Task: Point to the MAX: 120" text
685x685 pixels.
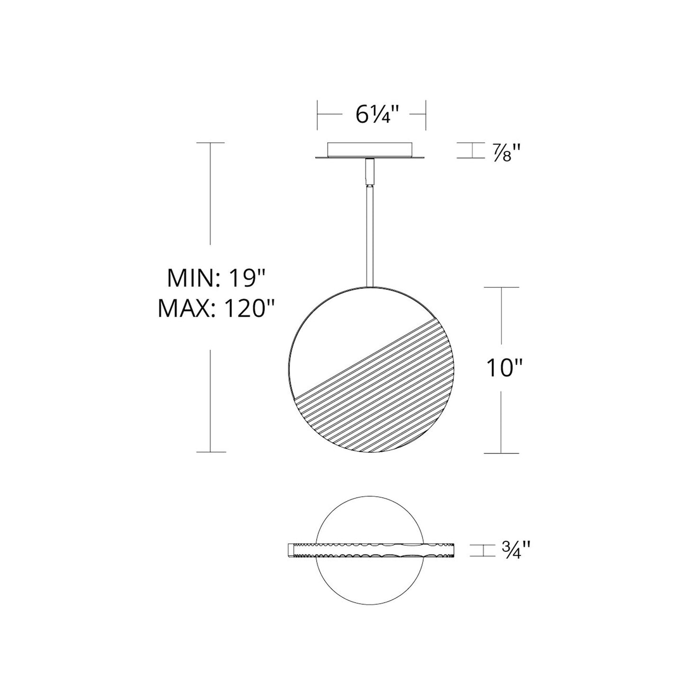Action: click(216, 310)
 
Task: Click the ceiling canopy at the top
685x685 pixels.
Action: click(371, 150)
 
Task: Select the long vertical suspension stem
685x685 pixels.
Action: click(369, 237)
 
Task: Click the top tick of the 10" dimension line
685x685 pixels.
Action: click(501, 287)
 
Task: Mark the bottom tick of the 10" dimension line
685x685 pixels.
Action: click(501, 453)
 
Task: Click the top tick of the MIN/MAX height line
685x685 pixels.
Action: click(210, 142)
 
